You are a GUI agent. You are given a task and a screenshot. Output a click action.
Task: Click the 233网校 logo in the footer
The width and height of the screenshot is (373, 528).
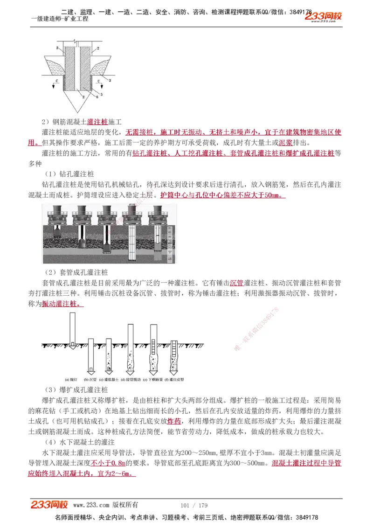(49, 505)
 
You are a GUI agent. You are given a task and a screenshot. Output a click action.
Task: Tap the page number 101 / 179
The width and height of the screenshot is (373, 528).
(194, 505)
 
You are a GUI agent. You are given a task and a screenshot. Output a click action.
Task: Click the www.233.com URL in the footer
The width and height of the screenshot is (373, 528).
(91, 505)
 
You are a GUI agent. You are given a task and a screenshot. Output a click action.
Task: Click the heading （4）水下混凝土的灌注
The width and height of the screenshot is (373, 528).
(80, 442)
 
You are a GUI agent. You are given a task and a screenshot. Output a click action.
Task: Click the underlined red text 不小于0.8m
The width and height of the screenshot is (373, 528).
(108, 464)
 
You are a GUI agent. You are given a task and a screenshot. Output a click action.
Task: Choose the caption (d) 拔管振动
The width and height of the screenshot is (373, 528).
(131, 380)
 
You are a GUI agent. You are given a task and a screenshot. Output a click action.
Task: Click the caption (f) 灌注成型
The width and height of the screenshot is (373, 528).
(176, 380)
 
